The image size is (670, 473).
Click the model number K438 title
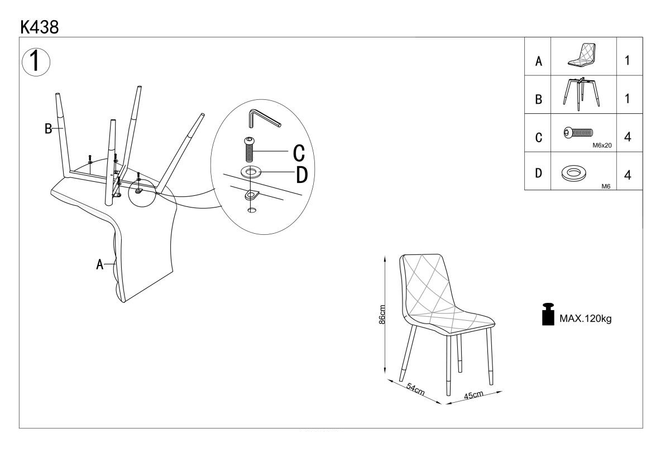(x=40, y=27)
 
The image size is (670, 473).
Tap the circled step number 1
(x=36, y=62)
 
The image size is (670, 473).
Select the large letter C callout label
(x=299, y=153)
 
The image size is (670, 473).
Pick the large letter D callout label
(x=302, y=175)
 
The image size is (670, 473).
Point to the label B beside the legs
(x=48, y=128)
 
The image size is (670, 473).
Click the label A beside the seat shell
(x=99, y=264)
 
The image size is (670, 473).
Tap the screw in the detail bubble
(x=249, y=149)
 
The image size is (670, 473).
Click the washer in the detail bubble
(x=251, y=172)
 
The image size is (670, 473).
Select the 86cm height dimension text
(x=382, y=315)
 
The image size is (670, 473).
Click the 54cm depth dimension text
(x=415, y=389)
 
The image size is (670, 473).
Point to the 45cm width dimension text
(x=473, y=395)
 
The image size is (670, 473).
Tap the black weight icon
(x=548, y=314)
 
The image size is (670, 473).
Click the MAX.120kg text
(x=585, y=318)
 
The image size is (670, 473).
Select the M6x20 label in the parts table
(x=602, y=146)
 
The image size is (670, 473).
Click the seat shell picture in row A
(x=582, y=55)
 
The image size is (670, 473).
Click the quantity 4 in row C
(x=628, y=137)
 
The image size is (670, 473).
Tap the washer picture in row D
(x=574, y=174)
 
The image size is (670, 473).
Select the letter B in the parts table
(x=538, y=99)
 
